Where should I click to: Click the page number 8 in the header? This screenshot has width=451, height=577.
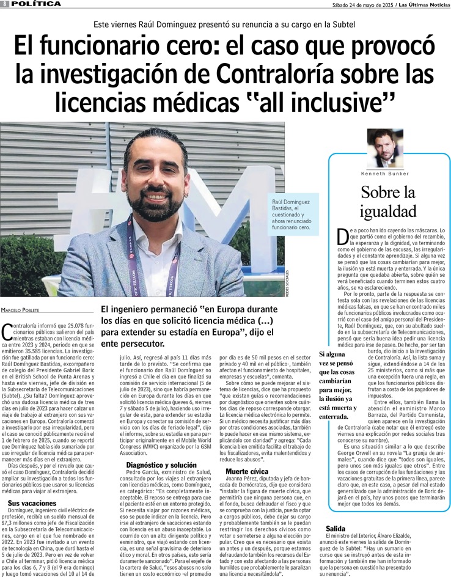point(4,4)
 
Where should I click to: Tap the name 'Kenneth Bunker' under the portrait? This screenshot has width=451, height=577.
point(385,174)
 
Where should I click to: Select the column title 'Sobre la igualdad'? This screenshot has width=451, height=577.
point(388,202)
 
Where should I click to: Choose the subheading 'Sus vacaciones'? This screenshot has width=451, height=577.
point(31,502)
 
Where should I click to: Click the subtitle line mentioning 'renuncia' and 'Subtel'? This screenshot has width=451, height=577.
point(225,25)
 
